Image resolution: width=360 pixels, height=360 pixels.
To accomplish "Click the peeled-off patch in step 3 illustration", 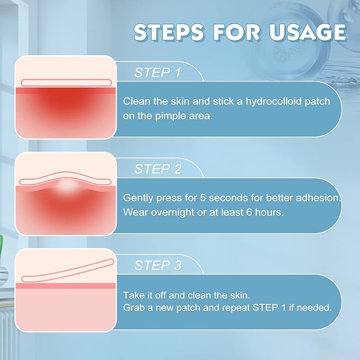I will click(x=65, y=269).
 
